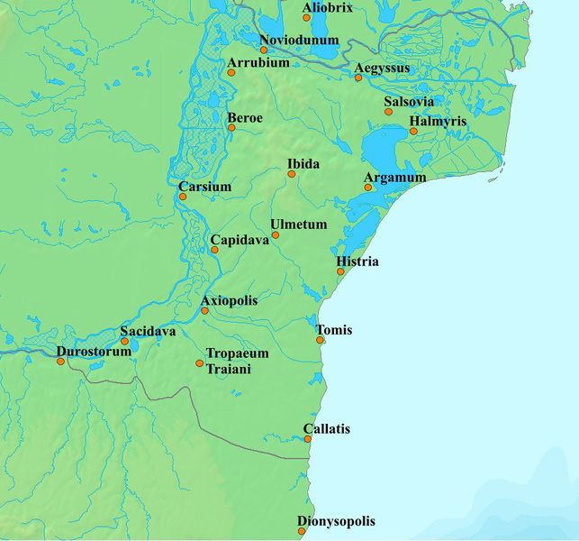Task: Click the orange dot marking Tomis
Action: [x=320, y=340]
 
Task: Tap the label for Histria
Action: [x=357, y=261]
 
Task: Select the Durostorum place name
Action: [x=94, y=350]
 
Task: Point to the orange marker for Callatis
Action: [x=308, y=440]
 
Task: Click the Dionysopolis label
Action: [x=336, y=521]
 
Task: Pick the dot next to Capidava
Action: [x=213, y=250]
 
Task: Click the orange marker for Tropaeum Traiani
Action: [x=199, y=363]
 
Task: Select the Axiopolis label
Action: [x=229, y=299]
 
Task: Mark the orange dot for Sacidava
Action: [x=124, y=342]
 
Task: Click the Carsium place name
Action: [x=205, y=187]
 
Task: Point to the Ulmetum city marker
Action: [x=276, y=235]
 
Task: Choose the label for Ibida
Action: [x=303, y=163]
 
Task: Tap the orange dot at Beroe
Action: [x=231, y=128]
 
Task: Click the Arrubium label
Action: [x=258, y=63]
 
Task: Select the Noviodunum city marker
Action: [x=264, y=50]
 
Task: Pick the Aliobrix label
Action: [x=328, y=7]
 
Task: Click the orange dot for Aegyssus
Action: [x=357, y=78]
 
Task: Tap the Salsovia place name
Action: [x=409, y=102]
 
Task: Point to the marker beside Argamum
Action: [x=366, y=188]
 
